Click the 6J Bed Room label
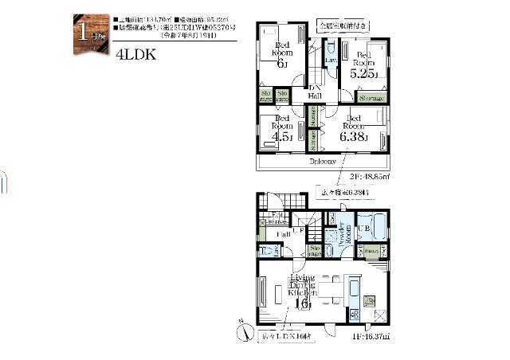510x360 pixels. pyautogui.click(x=281, y=53)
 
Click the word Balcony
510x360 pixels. pyautogui.click(x=322, y=161)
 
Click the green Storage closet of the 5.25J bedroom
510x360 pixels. pyautogui.click(x=371, y=98)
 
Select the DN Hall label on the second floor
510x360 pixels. pyautogui.click(x=315, y=92)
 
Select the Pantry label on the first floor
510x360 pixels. pyautogui.click(x=371, y=250)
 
